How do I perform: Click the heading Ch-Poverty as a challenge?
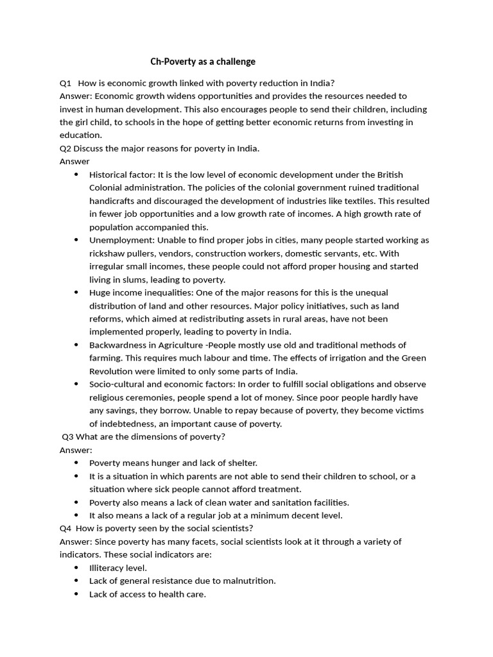pyautogui.click(x=202, y=62)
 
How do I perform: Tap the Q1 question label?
pyautogui.click(x=65, y=83)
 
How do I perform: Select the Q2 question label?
pyautogui.click(x=65, y=148)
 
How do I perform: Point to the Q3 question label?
pyautogui.click(x=68, y=437)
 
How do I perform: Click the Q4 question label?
pyautogui.click(x=65, y=528)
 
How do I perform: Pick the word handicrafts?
pyautogui.click(x=113, y=201)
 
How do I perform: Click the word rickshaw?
pyautogui.click(x=107, y=253)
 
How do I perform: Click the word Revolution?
pyautogui.click(x=112, y=371)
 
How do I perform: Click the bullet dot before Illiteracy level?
pyautogui.click(x=77, y=568)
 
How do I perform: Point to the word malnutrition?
pyautogui.click(x=248, y=581)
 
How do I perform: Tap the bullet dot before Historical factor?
pyautogui.click(x=77, y=175)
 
